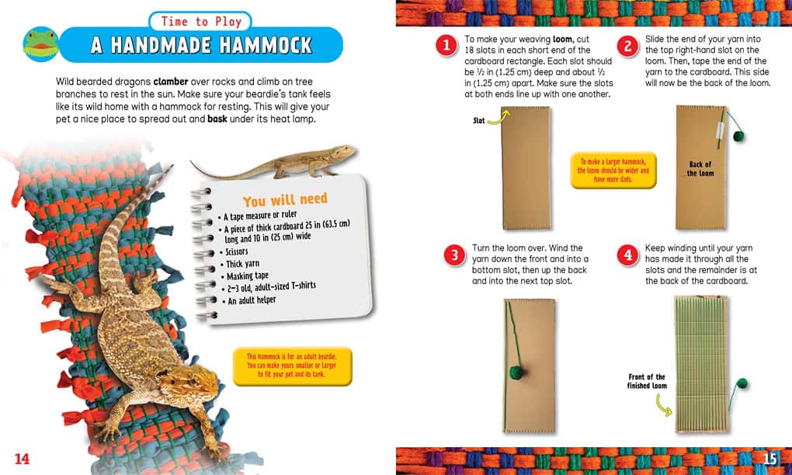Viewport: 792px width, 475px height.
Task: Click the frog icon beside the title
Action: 41,44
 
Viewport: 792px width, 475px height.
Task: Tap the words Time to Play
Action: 201,21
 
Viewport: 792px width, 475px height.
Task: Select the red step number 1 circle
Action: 446,46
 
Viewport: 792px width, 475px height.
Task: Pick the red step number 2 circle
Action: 627,47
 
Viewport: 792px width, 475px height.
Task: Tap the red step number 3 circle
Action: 454,255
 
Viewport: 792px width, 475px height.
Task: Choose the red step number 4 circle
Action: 627,255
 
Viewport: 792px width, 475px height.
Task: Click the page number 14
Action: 22,459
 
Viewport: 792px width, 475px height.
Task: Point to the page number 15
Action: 769,459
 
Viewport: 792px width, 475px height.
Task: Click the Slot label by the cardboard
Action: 479,120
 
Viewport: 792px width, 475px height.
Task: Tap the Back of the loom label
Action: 700,168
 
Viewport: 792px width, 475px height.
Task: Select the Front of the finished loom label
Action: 647,381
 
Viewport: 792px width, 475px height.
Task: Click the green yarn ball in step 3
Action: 517,373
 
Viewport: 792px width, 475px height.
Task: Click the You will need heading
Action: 285,200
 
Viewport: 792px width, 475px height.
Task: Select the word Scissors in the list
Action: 236,251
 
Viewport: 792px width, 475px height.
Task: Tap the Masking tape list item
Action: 248,276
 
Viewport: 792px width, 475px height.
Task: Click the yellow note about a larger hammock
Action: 613,170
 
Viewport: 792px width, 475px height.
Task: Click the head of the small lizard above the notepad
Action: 346,151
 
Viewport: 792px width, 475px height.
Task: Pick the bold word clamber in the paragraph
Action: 171,81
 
